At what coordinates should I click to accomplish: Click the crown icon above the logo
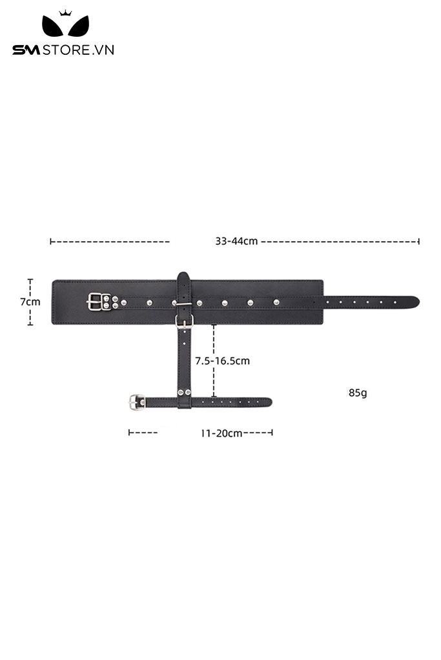click(65, 13)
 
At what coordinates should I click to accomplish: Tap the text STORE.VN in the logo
click(78, 50)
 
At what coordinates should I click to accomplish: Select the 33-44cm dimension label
click(236, 241)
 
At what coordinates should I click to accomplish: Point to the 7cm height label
click(30, 302)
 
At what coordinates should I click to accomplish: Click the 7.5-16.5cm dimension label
click(222, 361)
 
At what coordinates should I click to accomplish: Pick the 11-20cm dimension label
click(221, 433)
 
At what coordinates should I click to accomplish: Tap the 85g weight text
click(358, 393)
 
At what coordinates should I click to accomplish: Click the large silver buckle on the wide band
click(98, 302)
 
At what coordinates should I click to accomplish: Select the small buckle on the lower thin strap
click(137, 402)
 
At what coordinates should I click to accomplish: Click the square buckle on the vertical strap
click(184, 321)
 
